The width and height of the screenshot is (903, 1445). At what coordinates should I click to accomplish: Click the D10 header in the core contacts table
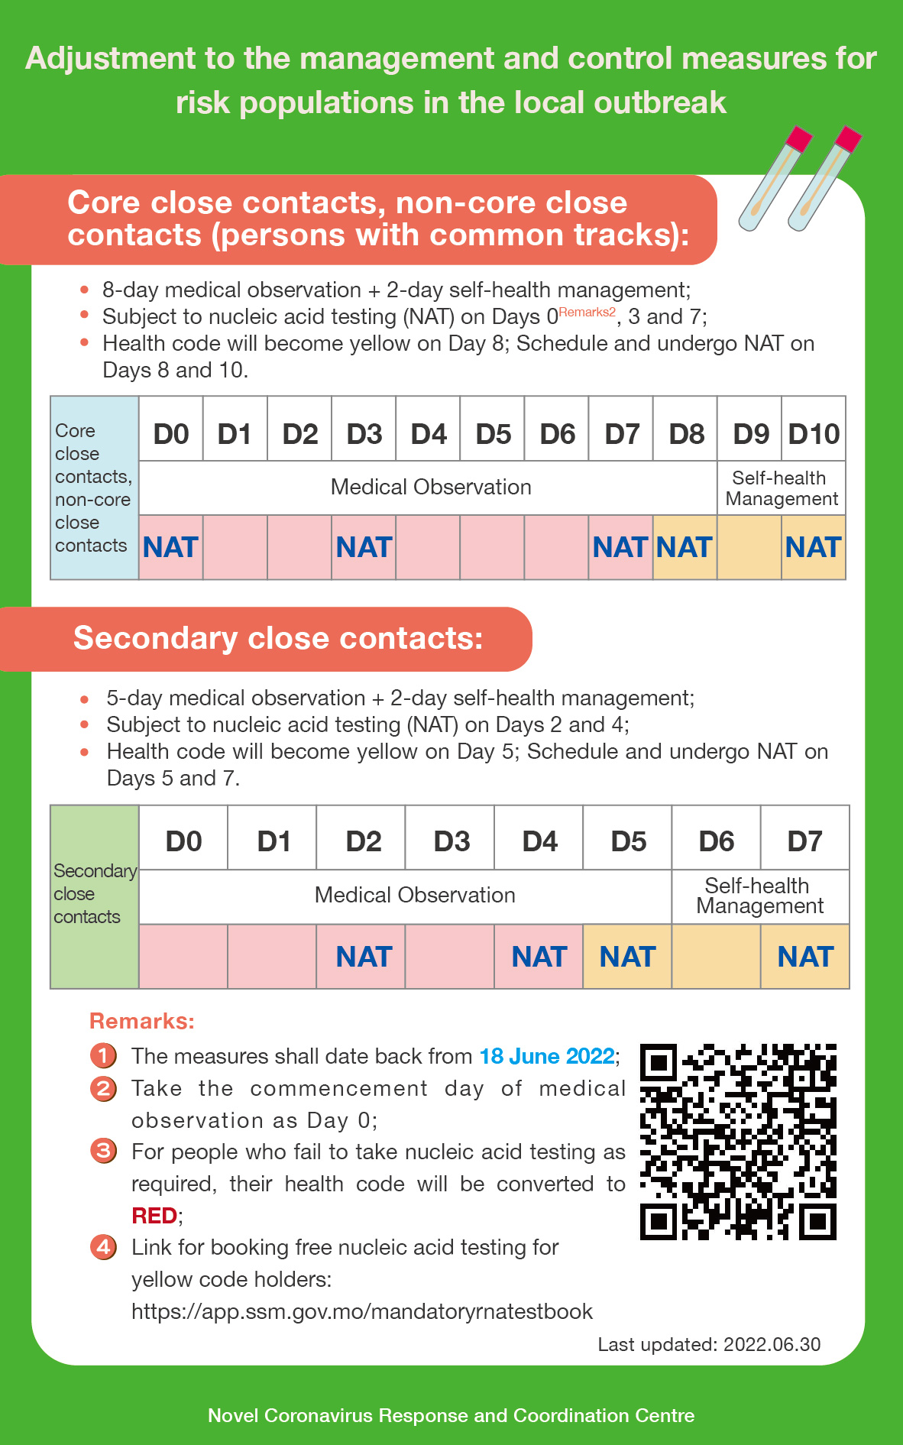[x=814, y=434]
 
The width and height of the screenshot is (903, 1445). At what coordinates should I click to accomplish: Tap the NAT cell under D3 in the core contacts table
[x=364, y=547]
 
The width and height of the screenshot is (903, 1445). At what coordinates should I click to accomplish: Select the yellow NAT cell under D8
[x=685, y=547]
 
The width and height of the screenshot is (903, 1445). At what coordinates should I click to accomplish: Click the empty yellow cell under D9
[x=749, y=547]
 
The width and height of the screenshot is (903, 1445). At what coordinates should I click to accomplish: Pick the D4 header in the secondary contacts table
[x=539, y=841]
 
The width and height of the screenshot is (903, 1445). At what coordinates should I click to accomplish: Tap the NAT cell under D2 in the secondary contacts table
[x=364, y=957]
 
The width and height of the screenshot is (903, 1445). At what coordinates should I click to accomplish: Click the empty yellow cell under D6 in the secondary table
[x=716, y=957]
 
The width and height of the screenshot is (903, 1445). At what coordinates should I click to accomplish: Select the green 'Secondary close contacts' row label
[x=94, y=896]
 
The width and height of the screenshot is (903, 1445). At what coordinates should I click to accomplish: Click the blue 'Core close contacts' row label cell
[x=93, y=488]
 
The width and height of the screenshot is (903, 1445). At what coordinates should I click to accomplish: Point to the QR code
[x=738, y=1142]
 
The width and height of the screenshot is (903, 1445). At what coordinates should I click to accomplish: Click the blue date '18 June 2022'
[x=547, y=1056]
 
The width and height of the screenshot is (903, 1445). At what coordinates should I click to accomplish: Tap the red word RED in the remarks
[x=154, y=1215]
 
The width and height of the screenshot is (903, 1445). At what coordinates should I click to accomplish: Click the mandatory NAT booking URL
[x=362, y=1311]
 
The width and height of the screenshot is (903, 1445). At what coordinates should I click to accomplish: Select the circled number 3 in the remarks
[x=103, y=1151]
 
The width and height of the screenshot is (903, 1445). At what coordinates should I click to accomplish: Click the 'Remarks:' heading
[x=142, y=1021]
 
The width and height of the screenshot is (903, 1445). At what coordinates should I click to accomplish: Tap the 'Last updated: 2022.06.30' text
[x=709, y=1344]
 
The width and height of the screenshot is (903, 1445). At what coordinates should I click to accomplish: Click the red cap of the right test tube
[x=848, y=139]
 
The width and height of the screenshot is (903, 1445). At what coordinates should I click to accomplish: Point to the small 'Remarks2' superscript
[x=587, y=312]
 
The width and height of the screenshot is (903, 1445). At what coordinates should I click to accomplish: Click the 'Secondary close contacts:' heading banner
[x=278, y=638]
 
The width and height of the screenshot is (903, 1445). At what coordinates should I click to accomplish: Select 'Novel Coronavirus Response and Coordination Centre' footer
[x=451, y=1415]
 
